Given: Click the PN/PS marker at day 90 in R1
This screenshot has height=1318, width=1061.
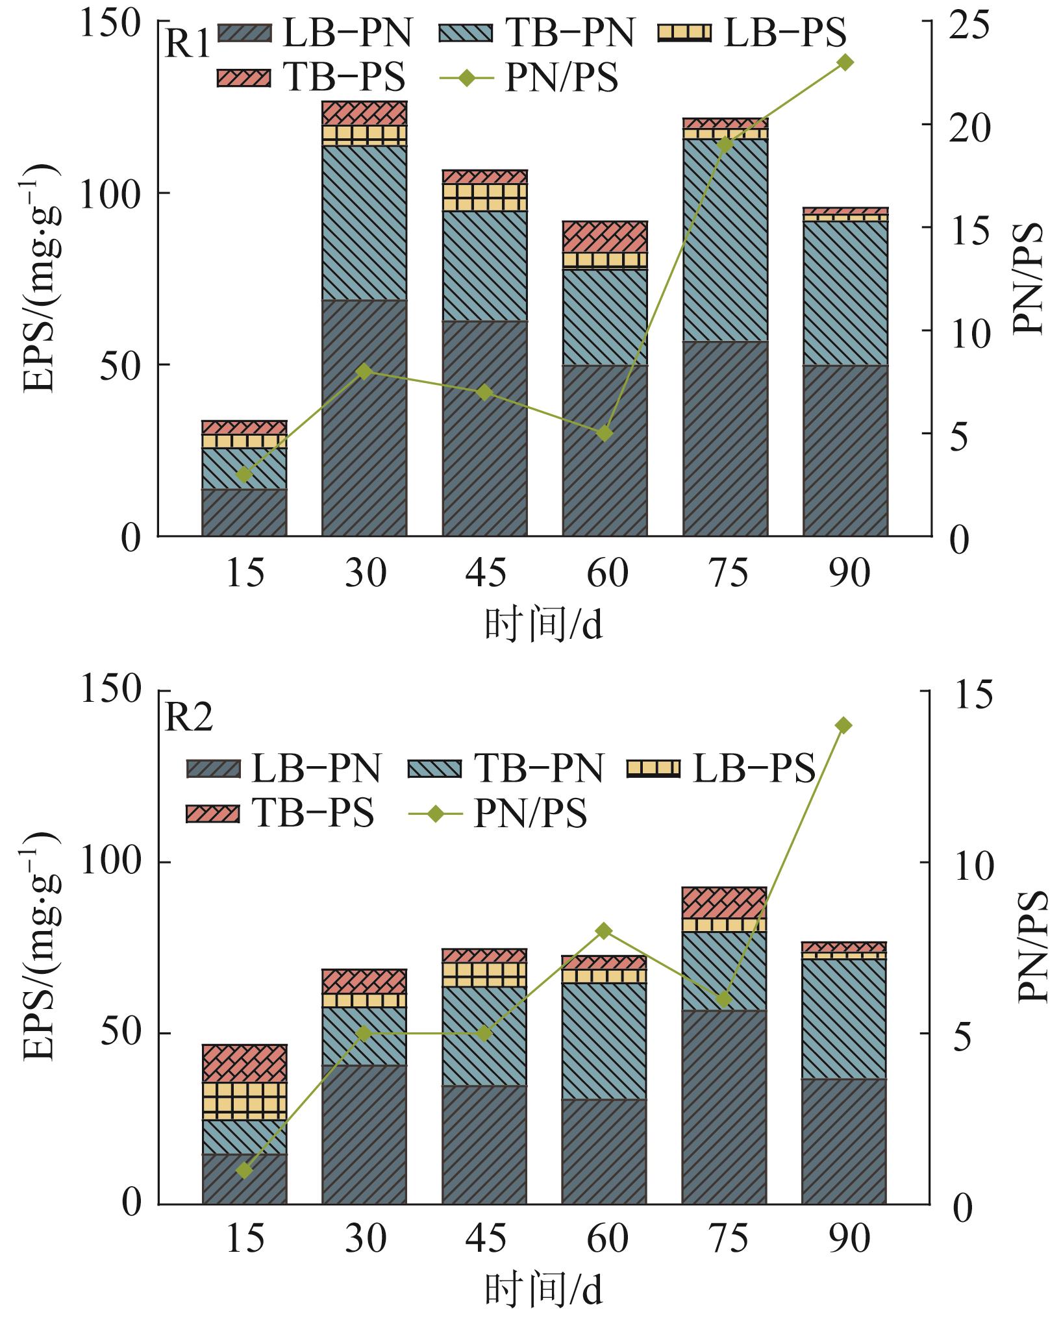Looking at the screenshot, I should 845,62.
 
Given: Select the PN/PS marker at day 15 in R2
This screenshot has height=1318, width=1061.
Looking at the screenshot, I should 244,1171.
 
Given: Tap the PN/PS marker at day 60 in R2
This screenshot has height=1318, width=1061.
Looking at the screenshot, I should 605,931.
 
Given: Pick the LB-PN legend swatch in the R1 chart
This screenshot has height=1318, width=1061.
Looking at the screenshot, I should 244,34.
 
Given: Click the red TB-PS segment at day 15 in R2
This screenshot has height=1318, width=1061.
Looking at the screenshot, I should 244,1063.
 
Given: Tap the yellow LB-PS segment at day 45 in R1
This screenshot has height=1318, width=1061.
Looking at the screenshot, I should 484,197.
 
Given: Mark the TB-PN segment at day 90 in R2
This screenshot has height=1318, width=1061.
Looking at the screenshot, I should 845,1019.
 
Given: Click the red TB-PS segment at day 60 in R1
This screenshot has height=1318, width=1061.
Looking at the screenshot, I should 605,236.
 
